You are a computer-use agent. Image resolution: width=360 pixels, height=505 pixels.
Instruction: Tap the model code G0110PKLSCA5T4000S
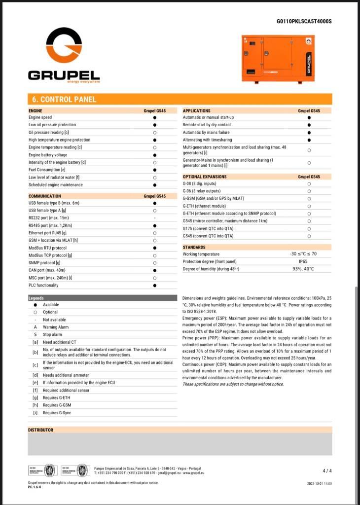[304, 21]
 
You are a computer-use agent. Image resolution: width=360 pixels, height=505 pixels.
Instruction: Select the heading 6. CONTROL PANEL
[62, 99]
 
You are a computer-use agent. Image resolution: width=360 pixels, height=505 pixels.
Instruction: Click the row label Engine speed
[40, 118]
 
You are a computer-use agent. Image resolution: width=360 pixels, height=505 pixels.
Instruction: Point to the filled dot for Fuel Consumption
[155, 170]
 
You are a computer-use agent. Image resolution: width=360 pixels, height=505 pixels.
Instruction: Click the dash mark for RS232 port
[155, 217]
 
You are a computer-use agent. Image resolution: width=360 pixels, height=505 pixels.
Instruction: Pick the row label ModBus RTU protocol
[47, 248]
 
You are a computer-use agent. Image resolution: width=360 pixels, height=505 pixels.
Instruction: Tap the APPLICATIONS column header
[196, 111]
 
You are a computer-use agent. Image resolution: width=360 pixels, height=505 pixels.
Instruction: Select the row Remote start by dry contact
[207, 125]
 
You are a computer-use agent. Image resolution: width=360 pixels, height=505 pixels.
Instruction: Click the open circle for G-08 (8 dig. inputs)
[309, 183]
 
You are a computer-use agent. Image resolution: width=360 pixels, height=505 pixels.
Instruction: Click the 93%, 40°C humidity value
[303, 269]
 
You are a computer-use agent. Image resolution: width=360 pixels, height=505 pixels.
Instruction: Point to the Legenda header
[36, 298]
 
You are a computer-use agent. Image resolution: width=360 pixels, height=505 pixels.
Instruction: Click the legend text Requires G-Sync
[57, 412]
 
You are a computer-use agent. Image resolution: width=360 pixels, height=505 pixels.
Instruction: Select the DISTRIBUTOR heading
[40, 430]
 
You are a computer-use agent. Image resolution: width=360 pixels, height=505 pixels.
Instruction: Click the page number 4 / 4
[327, 470]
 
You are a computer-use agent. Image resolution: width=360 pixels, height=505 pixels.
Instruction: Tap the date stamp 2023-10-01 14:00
[319, 483]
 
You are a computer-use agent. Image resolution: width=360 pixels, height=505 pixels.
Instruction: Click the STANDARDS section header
[194, 247]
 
